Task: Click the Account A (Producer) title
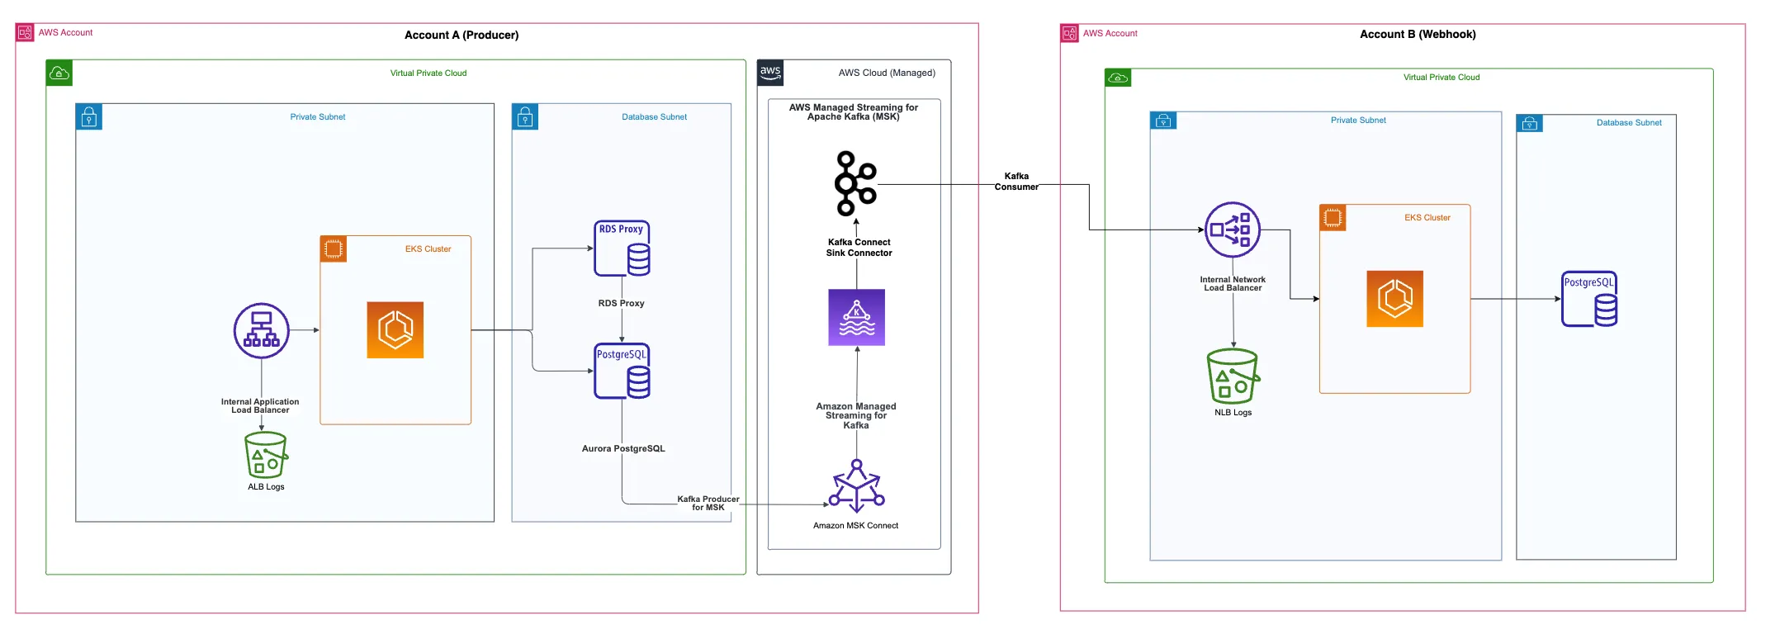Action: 462,35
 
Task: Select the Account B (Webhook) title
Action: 1418,34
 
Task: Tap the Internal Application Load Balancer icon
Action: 261,330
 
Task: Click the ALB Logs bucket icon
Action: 266,455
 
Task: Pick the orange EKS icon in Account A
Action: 395,330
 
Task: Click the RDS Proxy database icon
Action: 622,248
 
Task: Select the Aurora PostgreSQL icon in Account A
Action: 622,372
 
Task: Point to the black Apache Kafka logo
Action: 855,183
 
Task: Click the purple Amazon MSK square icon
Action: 856,317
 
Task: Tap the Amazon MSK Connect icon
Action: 856,486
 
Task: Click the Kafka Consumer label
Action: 1016,182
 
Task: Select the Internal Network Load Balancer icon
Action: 1232,230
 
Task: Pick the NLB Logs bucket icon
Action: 1233,376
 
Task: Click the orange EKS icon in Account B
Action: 1394,299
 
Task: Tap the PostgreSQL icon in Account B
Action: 1589,299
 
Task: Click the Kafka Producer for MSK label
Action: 708,503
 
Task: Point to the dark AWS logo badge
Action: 770,73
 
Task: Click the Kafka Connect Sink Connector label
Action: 859,248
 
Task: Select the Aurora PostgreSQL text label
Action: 623,449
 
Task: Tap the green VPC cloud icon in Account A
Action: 59,73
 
